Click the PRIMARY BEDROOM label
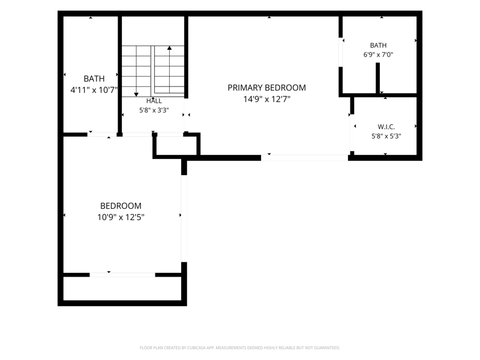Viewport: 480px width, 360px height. coord(266,88)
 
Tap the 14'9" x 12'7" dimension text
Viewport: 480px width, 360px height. coord(266,99)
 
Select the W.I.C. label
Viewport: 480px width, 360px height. coord(386,127)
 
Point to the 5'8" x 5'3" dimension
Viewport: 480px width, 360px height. coord(386,136)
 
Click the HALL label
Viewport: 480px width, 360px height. coord(154,101)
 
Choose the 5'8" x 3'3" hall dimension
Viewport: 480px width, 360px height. coord(154,110)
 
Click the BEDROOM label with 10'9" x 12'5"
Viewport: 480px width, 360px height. coord(121,206)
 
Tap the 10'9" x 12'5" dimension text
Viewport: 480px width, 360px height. coord(121,217)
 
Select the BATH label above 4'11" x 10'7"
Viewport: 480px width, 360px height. coord(94,79)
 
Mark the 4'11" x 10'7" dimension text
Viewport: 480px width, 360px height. coord(94,91)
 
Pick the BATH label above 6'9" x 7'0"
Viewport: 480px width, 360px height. coord(379,46)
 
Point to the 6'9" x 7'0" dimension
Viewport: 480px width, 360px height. coord(379,55)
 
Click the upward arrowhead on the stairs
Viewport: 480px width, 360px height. coord(169,48)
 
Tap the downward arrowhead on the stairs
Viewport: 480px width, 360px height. coord(136,95)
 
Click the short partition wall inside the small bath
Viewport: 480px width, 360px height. coord(378,79)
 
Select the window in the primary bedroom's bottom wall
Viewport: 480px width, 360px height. coord(304,158)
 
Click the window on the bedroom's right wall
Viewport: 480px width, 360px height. coord(184,218)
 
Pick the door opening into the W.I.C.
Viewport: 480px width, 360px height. coord(352,133)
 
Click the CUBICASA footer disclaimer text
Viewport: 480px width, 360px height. coord(239,348)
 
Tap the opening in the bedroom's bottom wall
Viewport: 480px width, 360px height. coord(122,275)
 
